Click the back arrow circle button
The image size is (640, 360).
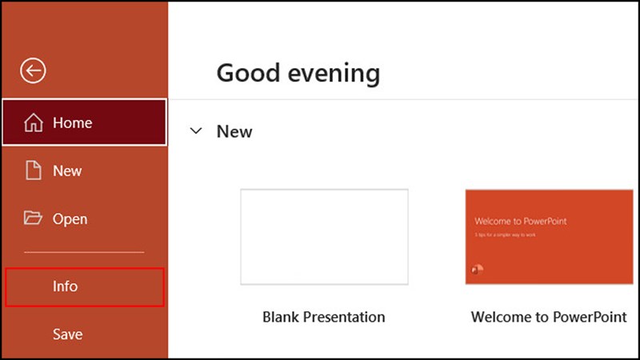click(x=34, y=71)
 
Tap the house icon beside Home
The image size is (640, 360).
click(x=34, y=122)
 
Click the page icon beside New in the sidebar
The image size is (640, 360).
click(x=34, y=170)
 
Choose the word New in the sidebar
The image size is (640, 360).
click(x=67, y=170)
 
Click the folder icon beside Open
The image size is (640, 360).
click(x=34, y=218)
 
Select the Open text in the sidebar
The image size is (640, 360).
click(x=70, y=218)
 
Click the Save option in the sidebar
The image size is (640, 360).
click(x=67, y=334)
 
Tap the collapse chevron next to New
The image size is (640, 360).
click(x=196, y=131)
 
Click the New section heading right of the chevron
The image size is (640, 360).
click(x=234, y=131)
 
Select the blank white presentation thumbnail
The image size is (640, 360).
click(x=324, y=237)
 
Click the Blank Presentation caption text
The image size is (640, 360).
click(x=324, y=317)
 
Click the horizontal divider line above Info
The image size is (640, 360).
click(x=84, y=253)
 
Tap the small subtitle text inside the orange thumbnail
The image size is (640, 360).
click(x=506, y=234)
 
